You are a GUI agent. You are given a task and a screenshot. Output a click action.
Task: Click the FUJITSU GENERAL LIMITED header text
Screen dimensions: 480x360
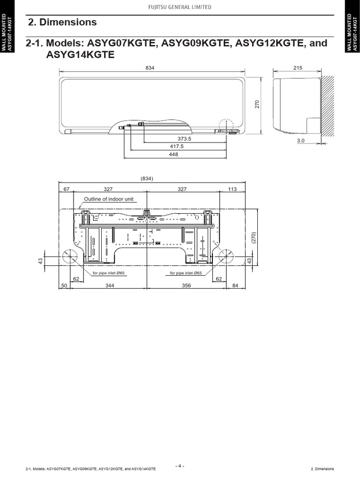(x=180, y=7)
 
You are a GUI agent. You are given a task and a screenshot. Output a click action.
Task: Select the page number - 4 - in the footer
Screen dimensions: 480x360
(x=180, y=466)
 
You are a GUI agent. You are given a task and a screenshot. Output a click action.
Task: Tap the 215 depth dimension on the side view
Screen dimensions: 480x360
(x=298, y=68)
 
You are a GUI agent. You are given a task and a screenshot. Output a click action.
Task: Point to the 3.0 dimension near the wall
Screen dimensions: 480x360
(x=301, y=140)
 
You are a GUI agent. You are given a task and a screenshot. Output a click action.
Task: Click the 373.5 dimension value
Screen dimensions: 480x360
(x=185, y=139)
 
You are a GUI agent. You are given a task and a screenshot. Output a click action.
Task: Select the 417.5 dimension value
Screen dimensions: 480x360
(x=176, y=147)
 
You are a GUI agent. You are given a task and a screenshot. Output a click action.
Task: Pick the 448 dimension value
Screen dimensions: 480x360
(x=175, y=155)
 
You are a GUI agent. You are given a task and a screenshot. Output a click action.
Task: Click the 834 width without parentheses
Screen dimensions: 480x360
(x=150, y=68)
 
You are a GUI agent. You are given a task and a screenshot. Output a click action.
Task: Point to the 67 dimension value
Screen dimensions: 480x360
(x=66, y=189)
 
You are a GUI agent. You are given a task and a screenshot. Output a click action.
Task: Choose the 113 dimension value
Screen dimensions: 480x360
(x=232, y=189)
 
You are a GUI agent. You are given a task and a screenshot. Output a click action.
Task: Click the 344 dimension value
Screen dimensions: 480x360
(x=110, y=285)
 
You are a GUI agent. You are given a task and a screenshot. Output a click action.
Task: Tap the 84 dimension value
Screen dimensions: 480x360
(x=235, y=285)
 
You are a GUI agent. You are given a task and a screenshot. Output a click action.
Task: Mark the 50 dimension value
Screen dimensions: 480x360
(x=64, y=285)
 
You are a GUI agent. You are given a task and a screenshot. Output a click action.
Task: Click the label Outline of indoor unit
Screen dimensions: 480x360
(x=108, y=199)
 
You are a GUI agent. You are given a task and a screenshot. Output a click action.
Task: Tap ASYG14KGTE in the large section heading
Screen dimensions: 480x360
(x=80, y=55)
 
